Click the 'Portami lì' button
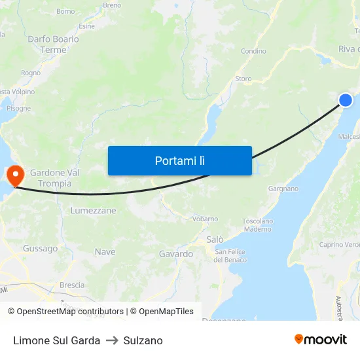pyautogui.click(x=179, y=160)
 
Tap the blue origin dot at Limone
pyautogui.click(x=346, y=99)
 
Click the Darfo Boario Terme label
pyautogui.click(x=53, y=45)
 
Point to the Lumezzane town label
pyautogui.click(x=93, y=211)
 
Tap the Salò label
pyautogui.click(x=215, y=240)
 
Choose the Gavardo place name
pyautogui.click(x=175, y=254)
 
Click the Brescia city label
pyautogui.click(x=72, y=285)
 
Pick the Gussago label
pyautogui.click(x=41, y=249)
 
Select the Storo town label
pyautogui.click(x=243, y=79)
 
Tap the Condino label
pyautogui.click(x=253, y=51)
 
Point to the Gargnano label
pyautogui.click(x=283, y=189)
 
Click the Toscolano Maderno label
pyautogui.click(x=257, y=225)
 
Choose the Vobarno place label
pyautogui.click(x=205, y=219)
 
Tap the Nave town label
pyautogui.click(x=105, y=252)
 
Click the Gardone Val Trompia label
pyautogui.click(x=55, y=178)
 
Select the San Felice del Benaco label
pyautogui.click(x=231, y=256)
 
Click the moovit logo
pyautogui.click(x=321, y=340)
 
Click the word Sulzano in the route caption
pyautogui.click(x=143, y=340)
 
